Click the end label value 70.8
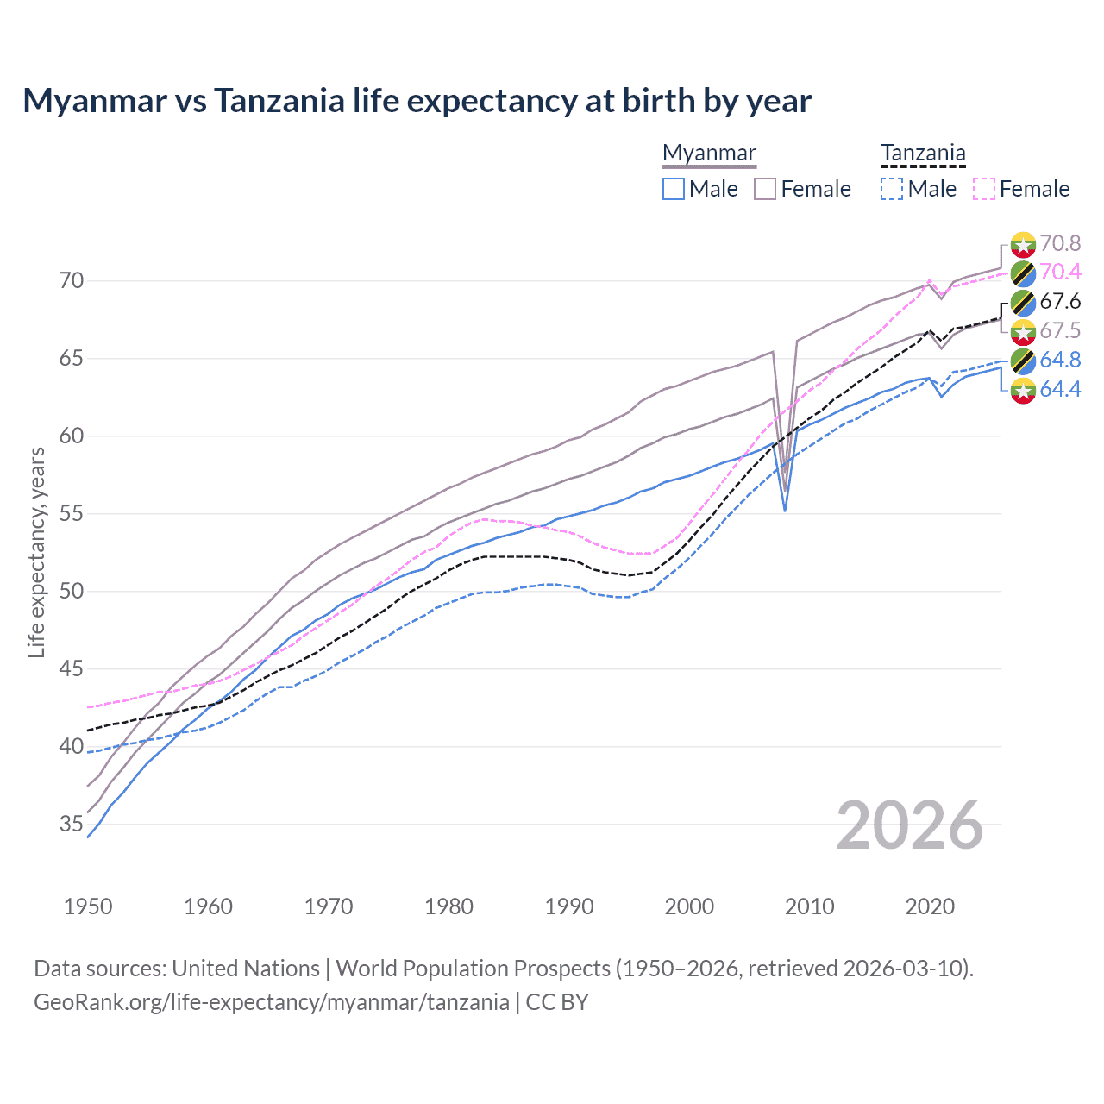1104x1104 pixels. (1060, 244)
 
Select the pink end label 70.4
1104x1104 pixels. (1060, 273)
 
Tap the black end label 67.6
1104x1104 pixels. (1060, 302)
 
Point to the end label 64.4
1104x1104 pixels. (1060, 390)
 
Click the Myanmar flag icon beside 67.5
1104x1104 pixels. (1023, 331)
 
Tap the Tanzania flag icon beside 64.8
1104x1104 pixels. (1023, 361)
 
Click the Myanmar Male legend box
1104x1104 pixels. (674, 189)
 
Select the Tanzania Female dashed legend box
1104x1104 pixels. (984, 189)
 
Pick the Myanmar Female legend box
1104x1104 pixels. (765, 189)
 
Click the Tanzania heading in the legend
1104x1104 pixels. (923, 154)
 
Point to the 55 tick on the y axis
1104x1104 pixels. (72, 514)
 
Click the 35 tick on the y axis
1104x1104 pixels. (72, 825)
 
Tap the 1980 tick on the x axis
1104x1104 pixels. (448, 906)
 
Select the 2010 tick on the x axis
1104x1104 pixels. (809, 906)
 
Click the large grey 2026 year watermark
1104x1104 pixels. (909, 825)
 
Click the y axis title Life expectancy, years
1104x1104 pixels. (36, 552)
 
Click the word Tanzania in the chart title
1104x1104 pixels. (279, 101)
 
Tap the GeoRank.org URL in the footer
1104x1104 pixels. (271, 1002)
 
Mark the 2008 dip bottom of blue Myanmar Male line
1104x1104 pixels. (785, 511)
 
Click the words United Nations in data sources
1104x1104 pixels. (246, 969)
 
